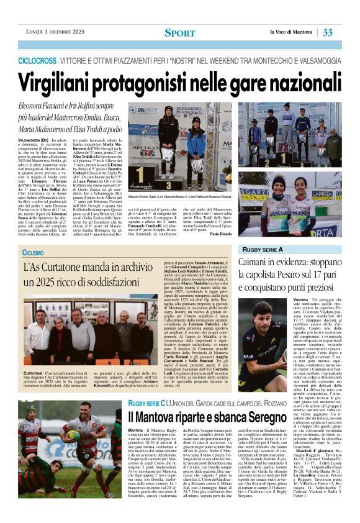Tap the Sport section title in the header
(179, 32)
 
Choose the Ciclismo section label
(33, 253)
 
